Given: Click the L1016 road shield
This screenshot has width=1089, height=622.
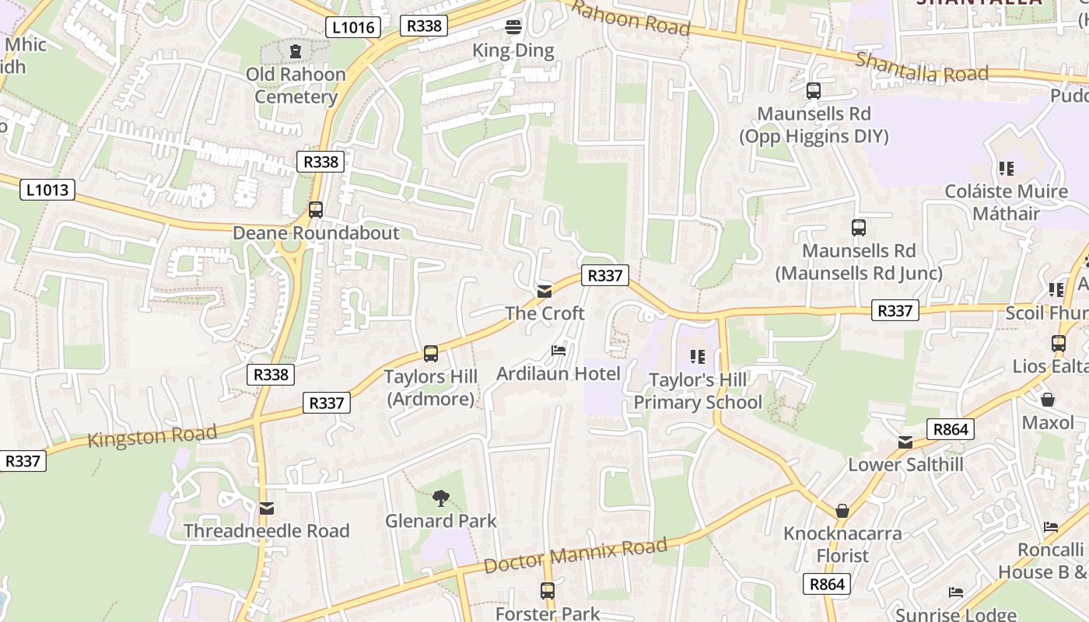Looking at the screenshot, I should (x=353, y=28).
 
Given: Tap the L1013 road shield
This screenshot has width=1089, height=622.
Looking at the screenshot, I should (x=47, y=190).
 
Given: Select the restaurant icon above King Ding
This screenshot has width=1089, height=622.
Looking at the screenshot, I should (x=513, y=27).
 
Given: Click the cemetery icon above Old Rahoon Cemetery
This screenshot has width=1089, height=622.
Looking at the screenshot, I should (x=296, y=51).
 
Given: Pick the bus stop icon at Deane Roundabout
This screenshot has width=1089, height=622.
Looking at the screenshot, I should (x=315, y=210).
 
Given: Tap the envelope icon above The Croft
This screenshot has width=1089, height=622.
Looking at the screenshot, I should (x=544, y=292).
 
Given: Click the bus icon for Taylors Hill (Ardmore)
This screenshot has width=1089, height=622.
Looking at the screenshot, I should (x=431, y=354).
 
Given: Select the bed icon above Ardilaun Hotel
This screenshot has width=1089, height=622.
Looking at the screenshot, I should (x=559, y=351).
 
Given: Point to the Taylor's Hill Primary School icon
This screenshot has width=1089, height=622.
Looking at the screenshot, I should (x=698, y=357).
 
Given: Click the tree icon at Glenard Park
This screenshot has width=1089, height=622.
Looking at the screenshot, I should (x=441, y=498).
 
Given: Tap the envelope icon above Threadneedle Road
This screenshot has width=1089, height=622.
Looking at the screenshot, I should (x=267, y=508).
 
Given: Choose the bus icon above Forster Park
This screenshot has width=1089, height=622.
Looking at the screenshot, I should (x=548, y=591).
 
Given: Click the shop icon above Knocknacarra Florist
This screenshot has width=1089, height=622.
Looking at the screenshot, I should (x=842, y=511).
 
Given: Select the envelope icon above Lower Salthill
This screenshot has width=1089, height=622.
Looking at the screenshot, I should (x=905, y=442).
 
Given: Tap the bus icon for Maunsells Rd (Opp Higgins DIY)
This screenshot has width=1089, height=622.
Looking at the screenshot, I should (x=814, y=91).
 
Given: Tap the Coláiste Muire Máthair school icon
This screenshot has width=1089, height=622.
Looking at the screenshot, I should (x=1006, y=168).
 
